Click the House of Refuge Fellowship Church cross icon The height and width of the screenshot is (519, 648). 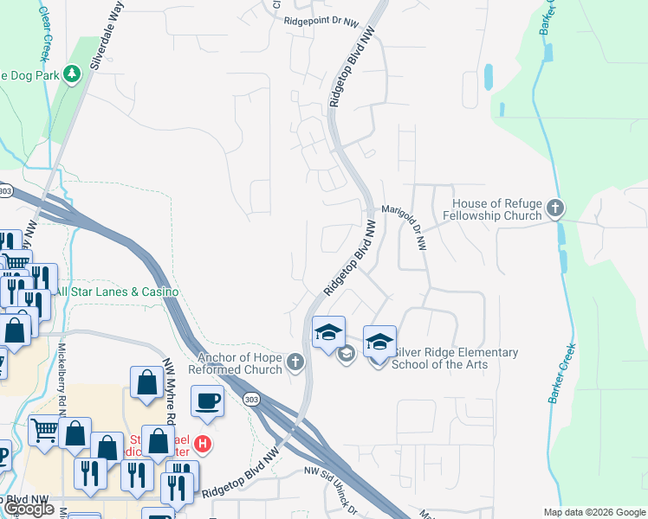(555, 209)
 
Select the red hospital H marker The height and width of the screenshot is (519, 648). (203, 444)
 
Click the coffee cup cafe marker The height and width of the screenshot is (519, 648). (207, 401)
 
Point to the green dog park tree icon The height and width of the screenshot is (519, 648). (73, 74)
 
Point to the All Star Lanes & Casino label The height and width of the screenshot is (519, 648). (116, 292)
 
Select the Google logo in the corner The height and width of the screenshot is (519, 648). (29, 509)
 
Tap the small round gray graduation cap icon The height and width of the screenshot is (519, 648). (346, 354)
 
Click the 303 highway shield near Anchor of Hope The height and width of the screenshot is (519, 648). (251, 400)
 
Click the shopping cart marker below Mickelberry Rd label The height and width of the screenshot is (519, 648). (45, 429)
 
